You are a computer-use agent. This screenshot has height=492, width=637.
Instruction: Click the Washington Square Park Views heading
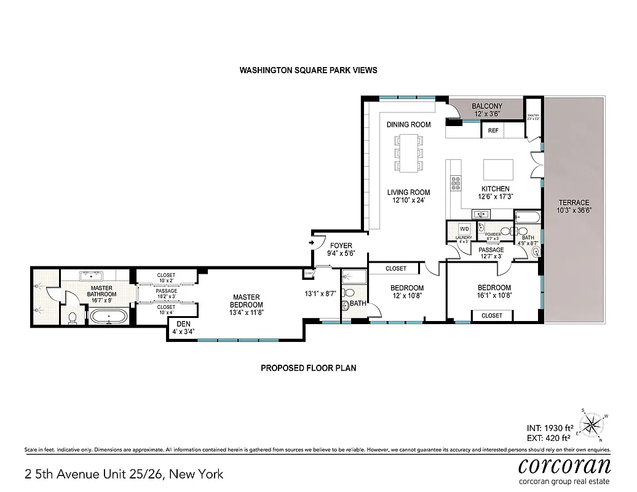click(x=308, y=70)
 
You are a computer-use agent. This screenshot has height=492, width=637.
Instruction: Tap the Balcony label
click(x=487, y=106)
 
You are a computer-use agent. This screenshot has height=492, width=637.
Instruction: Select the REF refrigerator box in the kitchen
click(x=493, y=130)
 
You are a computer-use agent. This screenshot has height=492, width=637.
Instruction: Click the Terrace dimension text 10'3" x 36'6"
click(x=574, y=210)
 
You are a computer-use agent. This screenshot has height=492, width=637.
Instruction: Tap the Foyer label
click(x=341, y=245)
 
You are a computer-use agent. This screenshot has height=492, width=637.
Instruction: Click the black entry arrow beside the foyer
click(x=312, y=243)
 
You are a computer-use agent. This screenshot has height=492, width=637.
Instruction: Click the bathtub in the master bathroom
click(x=108, y=317)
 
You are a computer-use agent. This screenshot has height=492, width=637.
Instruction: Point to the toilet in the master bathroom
click(x=72, y=317)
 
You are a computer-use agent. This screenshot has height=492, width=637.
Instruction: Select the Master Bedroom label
click(x=246, y=301)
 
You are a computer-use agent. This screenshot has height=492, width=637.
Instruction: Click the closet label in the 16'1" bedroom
click(x=492, y=315)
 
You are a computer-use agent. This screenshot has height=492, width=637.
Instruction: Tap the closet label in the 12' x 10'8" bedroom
click(x=396, y=269)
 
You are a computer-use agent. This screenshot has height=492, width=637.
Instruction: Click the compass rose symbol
click(x=591, y=424)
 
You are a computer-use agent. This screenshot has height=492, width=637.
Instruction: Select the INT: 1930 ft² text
click(x=550, y=427)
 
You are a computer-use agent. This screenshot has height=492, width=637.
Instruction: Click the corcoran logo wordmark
click(x=564, y=464)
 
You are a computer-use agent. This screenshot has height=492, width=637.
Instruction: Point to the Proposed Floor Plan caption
click(x=308, y=368)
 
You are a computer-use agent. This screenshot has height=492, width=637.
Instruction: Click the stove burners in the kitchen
click(x=456, y=182)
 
